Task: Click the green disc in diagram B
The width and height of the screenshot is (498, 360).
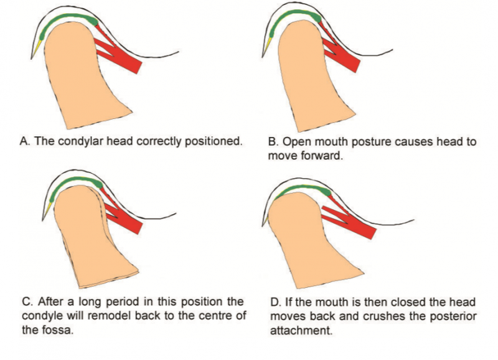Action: [299, 17]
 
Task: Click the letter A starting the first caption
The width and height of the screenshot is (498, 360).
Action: [24, 141]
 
